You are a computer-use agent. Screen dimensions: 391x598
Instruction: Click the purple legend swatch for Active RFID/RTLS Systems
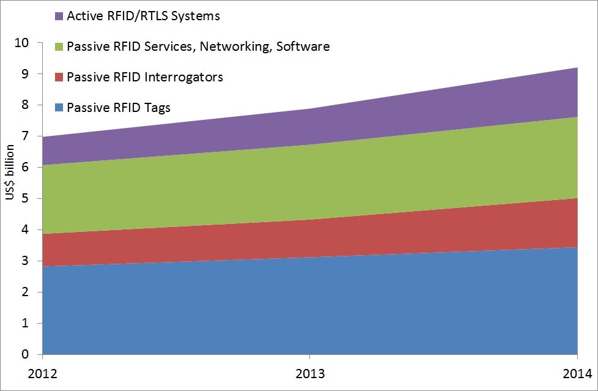(x=58, y=17)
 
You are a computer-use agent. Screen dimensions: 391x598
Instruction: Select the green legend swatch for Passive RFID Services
(x=58, y=47)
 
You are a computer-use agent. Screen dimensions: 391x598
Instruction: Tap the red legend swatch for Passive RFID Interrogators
(x=58, y=78)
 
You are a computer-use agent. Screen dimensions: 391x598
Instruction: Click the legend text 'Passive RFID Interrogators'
(x=145, y=77)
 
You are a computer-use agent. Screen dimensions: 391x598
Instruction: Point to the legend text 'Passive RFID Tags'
(x=119, y=108)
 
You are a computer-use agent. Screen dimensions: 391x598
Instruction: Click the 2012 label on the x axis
(x=42, y=373)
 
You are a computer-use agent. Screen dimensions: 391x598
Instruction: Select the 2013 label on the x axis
(x=309, y=373)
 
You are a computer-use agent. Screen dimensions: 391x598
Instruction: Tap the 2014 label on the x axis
(x=577, y=373)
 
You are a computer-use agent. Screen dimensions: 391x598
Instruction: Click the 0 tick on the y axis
(x=25, y=355)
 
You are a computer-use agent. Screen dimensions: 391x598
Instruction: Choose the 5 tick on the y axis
(x=25, y=199)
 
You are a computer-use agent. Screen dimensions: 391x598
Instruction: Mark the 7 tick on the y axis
(x=25, y=136)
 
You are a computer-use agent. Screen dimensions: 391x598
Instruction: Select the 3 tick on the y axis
(x=25, y=261)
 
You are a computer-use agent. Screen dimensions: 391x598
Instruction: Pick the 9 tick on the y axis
(x=25, y=74)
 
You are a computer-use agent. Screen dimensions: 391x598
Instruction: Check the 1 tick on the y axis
(x=25, y=324)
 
